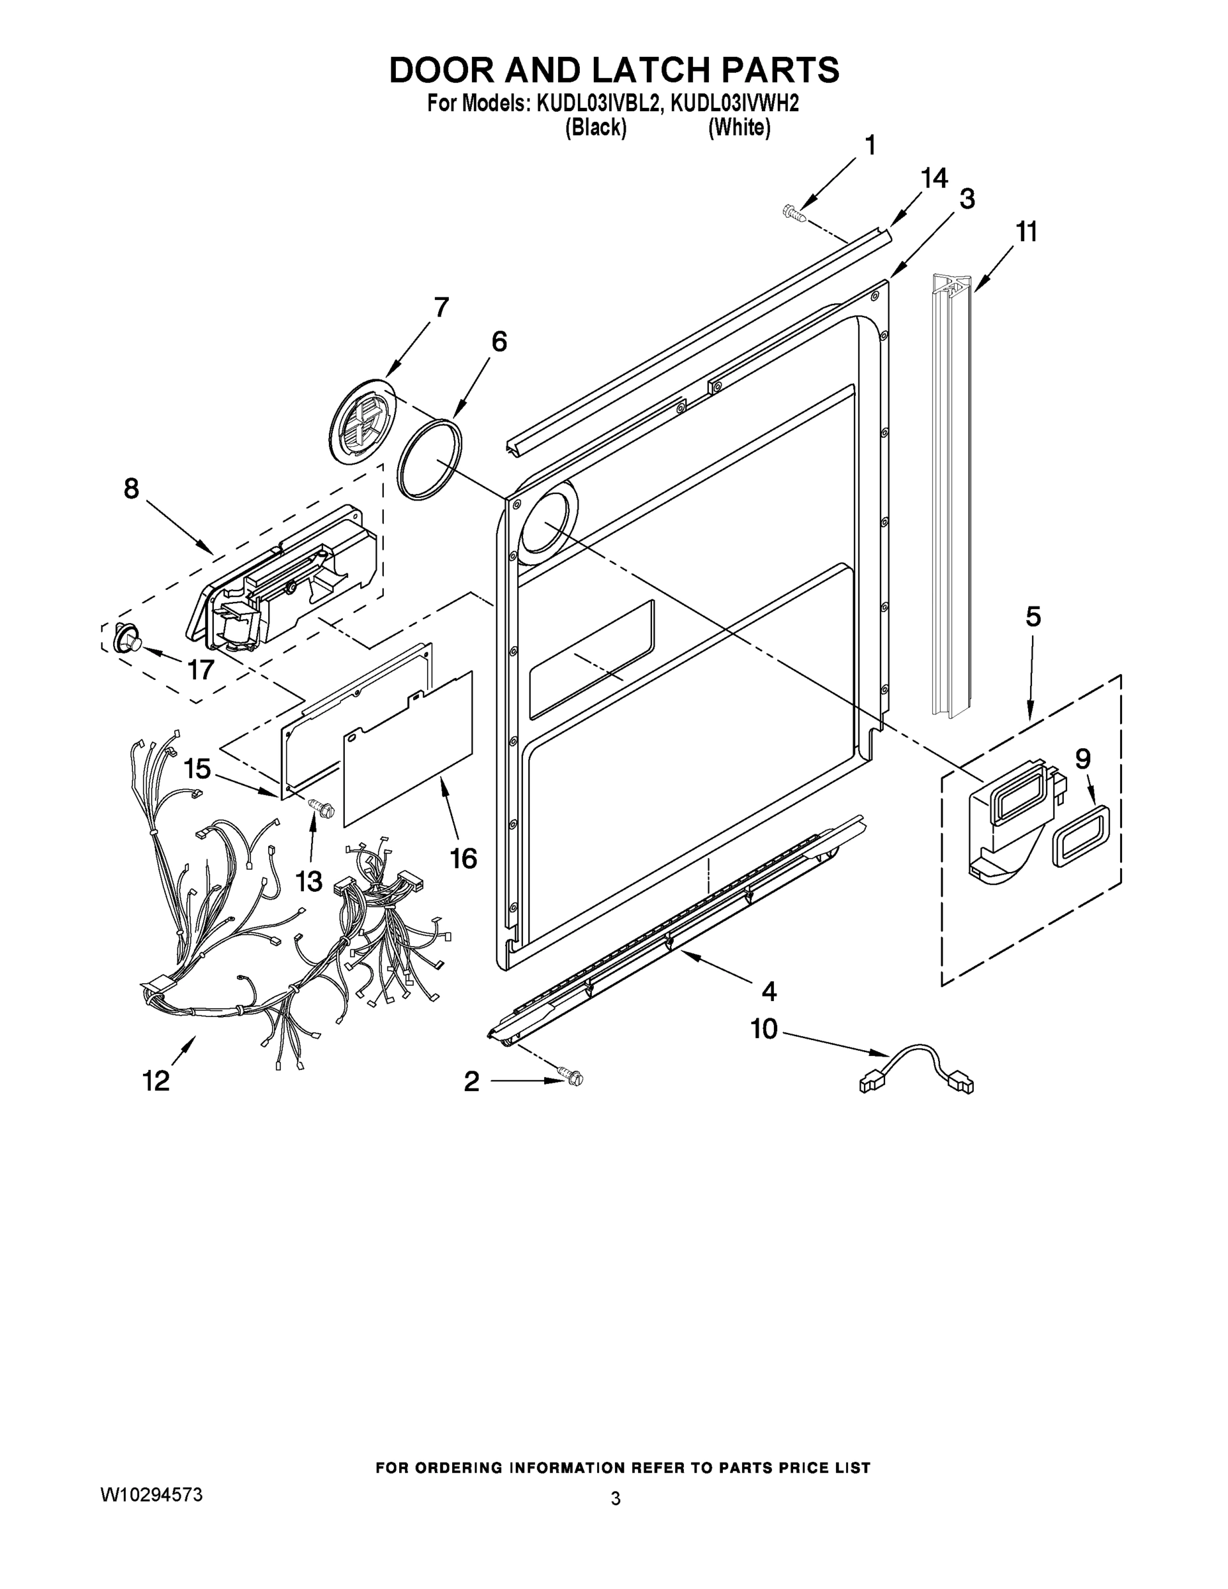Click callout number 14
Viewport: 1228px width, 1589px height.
[934, 178]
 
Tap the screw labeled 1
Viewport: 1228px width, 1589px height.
[793, 213]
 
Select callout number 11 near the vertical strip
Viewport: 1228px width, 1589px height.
[1027, 232]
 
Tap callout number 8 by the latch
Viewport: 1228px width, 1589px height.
[131, 489]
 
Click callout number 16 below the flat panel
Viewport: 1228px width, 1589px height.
[463, 859]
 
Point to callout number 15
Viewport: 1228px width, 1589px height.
[197, 768]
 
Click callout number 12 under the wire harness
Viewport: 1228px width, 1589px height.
[156, 1081]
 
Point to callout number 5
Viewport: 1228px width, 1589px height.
[1033, 617]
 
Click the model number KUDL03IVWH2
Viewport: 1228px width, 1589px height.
[734, 104]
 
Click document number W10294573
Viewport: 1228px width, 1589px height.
[152, 1496]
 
